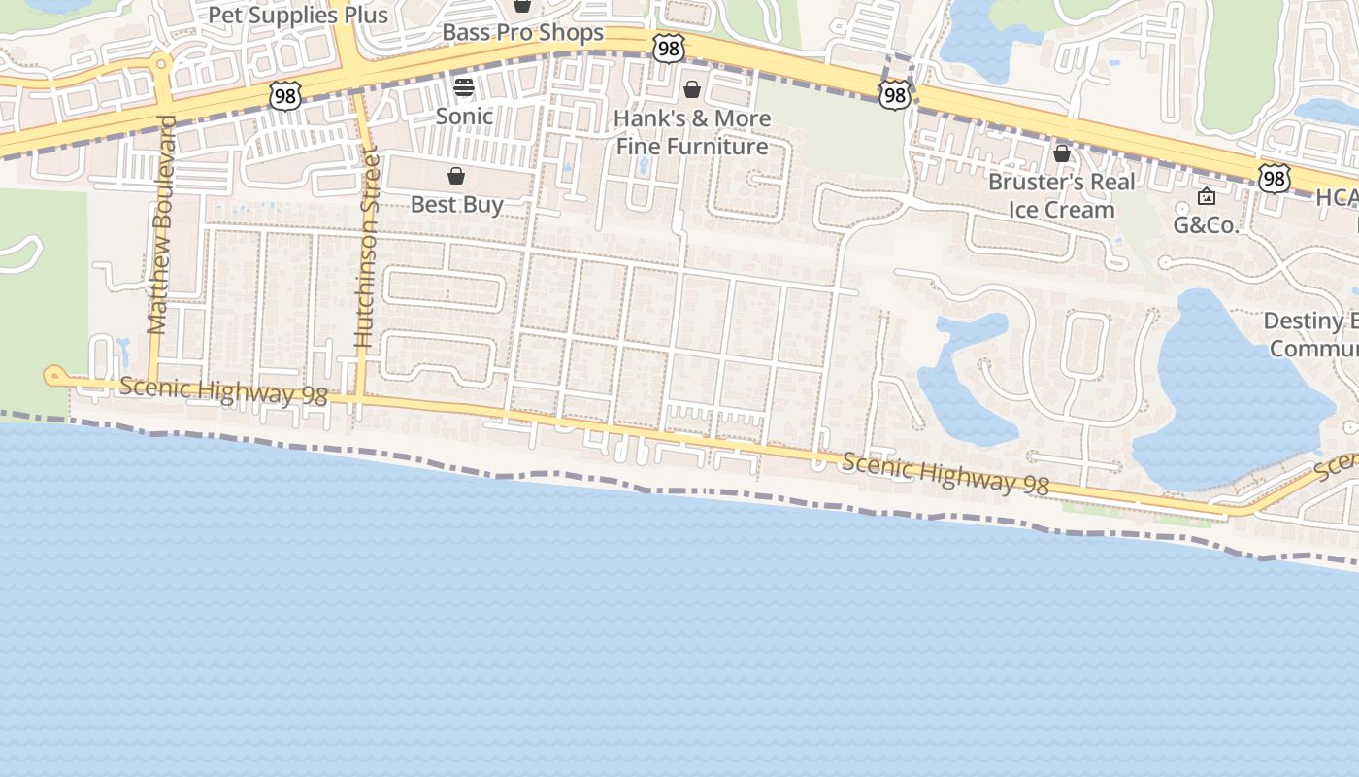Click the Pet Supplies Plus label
point(298,16)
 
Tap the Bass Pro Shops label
point(522,32)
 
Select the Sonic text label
point(464,117)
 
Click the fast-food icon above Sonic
point(464,87)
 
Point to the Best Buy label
point(456,205)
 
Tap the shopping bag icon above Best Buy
point(456,176)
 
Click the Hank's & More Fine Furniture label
point(693,132)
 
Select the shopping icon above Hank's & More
point(692,90)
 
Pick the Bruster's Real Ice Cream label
point(1061,195)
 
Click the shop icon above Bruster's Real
point(1062,153)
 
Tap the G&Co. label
point(1207,225)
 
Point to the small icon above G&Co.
point(1207,197)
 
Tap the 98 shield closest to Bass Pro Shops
point(669,48)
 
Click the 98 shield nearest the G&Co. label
point(1274,178)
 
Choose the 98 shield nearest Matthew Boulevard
point(285,95)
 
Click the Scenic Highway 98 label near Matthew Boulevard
point(223,390)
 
